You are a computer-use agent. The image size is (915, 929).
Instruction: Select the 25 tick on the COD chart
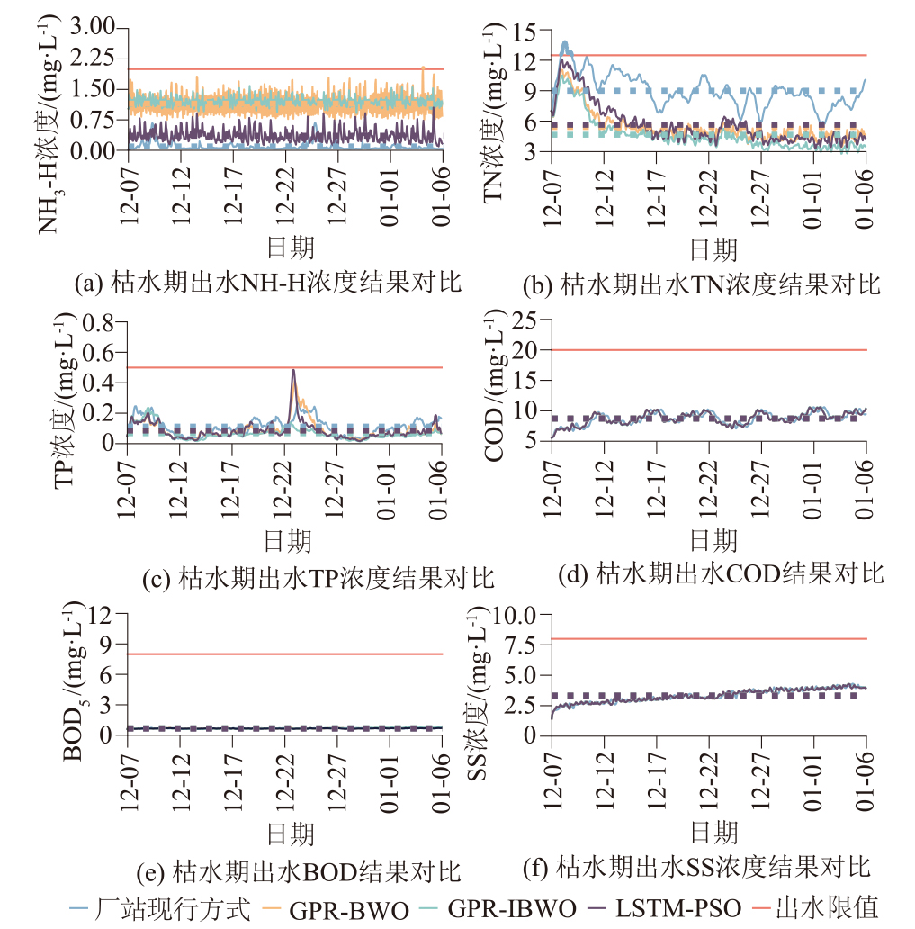point(525,320)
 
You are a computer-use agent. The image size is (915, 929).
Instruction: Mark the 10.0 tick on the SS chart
point(514,616)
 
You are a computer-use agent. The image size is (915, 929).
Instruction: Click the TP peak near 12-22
point(293,370)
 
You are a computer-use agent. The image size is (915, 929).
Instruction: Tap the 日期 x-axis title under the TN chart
point(713,249)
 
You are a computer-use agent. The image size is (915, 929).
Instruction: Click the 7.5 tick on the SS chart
point(519,645)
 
